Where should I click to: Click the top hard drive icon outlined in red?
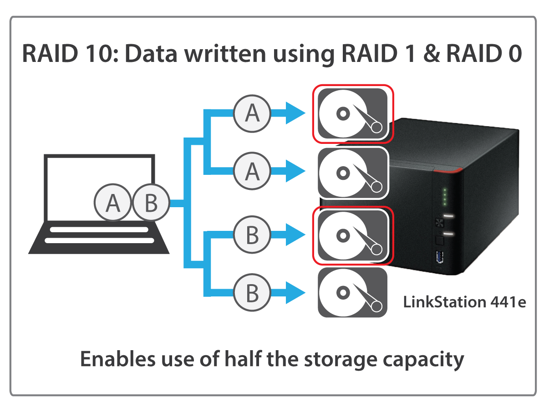[x=352, y=113]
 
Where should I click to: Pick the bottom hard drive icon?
[x=352, y=292]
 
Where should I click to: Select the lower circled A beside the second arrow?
[x=252, y=171]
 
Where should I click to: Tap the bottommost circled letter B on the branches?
[x=252, y=293]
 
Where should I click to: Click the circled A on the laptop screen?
[x=112, y=203]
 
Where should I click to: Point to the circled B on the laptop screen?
[x=151, y=203]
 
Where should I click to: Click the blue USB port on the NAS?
[x=440, y=258]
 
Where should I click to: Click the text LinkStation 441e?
[x=464, y=302]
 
